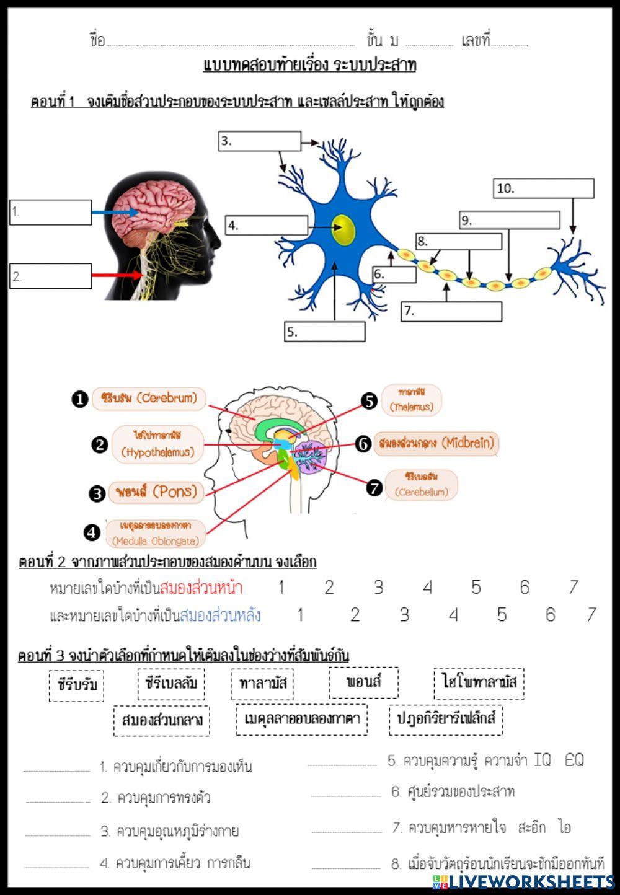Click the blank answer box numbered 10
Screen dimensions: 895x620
544,188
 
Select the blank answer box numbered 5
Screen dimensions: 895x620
324,332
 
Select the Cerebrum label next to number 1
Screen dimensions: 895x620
148,399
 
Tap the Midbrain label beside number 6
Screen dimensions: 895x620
436,444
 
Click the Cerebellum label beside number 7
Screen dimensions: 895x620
421,485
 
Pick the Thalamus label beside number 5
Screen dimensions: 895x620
411,400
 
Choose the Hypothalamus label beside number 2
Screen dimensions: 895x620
157,444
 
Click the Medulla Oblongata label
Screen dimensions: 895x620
154,533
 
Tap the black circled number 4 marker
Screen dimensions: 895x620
92,532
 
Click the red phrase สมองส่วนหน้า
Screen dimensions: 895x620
201,588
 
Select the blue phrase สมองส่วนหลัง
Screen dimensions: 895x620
220,615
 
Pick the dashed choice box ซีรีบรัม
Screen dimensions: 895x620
77,686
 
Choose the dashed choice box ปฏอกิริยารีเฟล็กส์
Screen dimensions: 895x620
446,719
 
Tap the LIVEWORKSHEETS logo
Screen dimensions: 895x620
524,881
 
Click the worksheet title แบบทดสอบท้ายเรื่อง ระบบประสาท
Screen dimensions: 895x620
309,65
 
